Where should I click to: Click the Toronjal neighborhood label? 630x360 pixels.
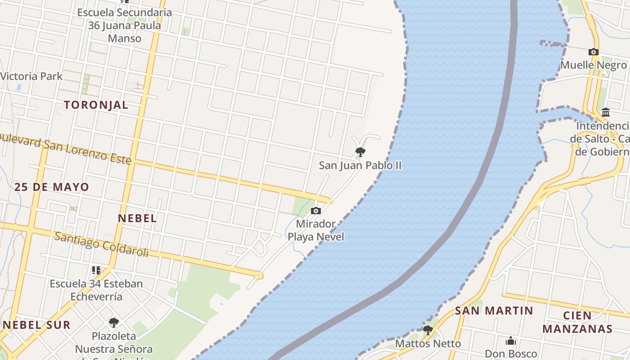(x=96, y=105)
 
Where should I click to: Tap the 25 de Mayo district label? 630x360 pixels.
(x=52, y=187)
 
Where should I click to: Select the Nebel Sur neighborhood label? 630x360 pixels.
(x=37, y=325)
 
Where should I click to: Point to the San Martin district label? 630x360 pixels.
(x=494, y=310)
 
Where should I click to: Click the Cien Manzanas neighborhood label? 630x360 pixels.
(x=577, y=322)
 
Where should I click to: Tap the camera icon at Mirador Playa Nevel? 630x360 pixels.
(x=316, y=211)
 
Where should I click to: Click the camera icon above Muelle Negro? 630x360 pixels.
(x=594, y=52)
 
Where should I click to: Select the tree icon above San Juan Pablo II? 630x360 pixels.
(x=360, y=152)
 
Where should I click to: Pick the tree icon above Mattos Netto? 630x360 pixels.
(x=427, y=330)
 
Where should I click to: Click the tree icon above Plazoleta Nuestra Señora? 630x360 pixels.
(x=114, y=322)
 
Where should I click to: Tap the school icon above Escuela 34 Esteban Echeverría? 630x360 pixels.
(x=96, y=270)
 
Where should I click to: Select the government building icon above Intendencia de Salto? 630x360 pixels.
(x=606, y=112)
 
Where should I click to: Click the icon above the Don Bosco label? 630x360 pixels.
(x=511, y=341)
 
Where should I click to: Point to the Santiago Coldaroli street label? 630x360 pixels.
(x=101, y=244)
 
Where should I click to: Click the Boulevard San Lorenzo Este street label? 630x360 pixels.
(x=65, y=147)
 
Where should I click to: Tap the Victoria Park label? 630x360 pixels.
(x=31, y=76)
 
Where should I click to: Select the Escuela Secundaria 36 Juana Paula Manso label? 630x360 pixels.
(x=124, y=25)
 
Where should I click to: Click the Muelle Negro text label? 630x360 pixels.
(x=593, y=65)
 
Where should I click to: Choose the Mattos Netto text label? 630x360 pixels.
(x=428, y=344)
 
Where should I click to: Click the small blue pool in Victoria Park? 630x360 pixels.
(x=19, y=87)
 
